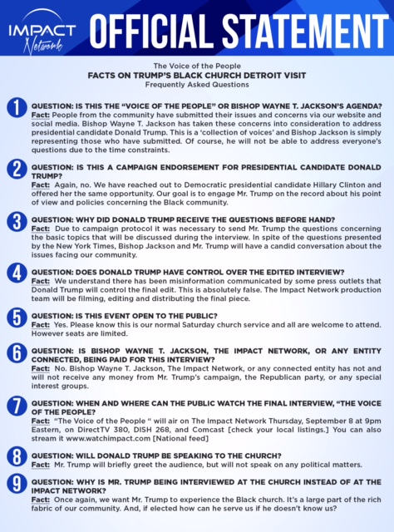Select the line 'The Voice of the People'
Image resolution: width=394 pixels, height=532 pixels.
pyautogui.click(x=196, y=65)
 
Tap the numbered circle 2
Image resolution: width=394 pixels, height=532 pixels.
pyautogui.click(x=16, y=170)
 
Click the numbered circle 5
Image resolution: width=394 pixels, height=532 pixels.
pyautogui.click(x=16, y=317)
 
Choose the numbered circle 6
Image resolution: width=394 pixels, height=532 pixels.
pyautogui.click(x=16, y=352)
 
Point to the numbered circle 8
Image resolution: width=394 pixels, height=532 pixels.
pyautogui.click(x=16, y=456)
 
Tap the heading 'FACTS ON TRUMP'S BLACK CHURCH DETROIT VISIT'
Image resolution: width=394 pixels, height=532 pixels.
pyautogui.click(x=196, y=75)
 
